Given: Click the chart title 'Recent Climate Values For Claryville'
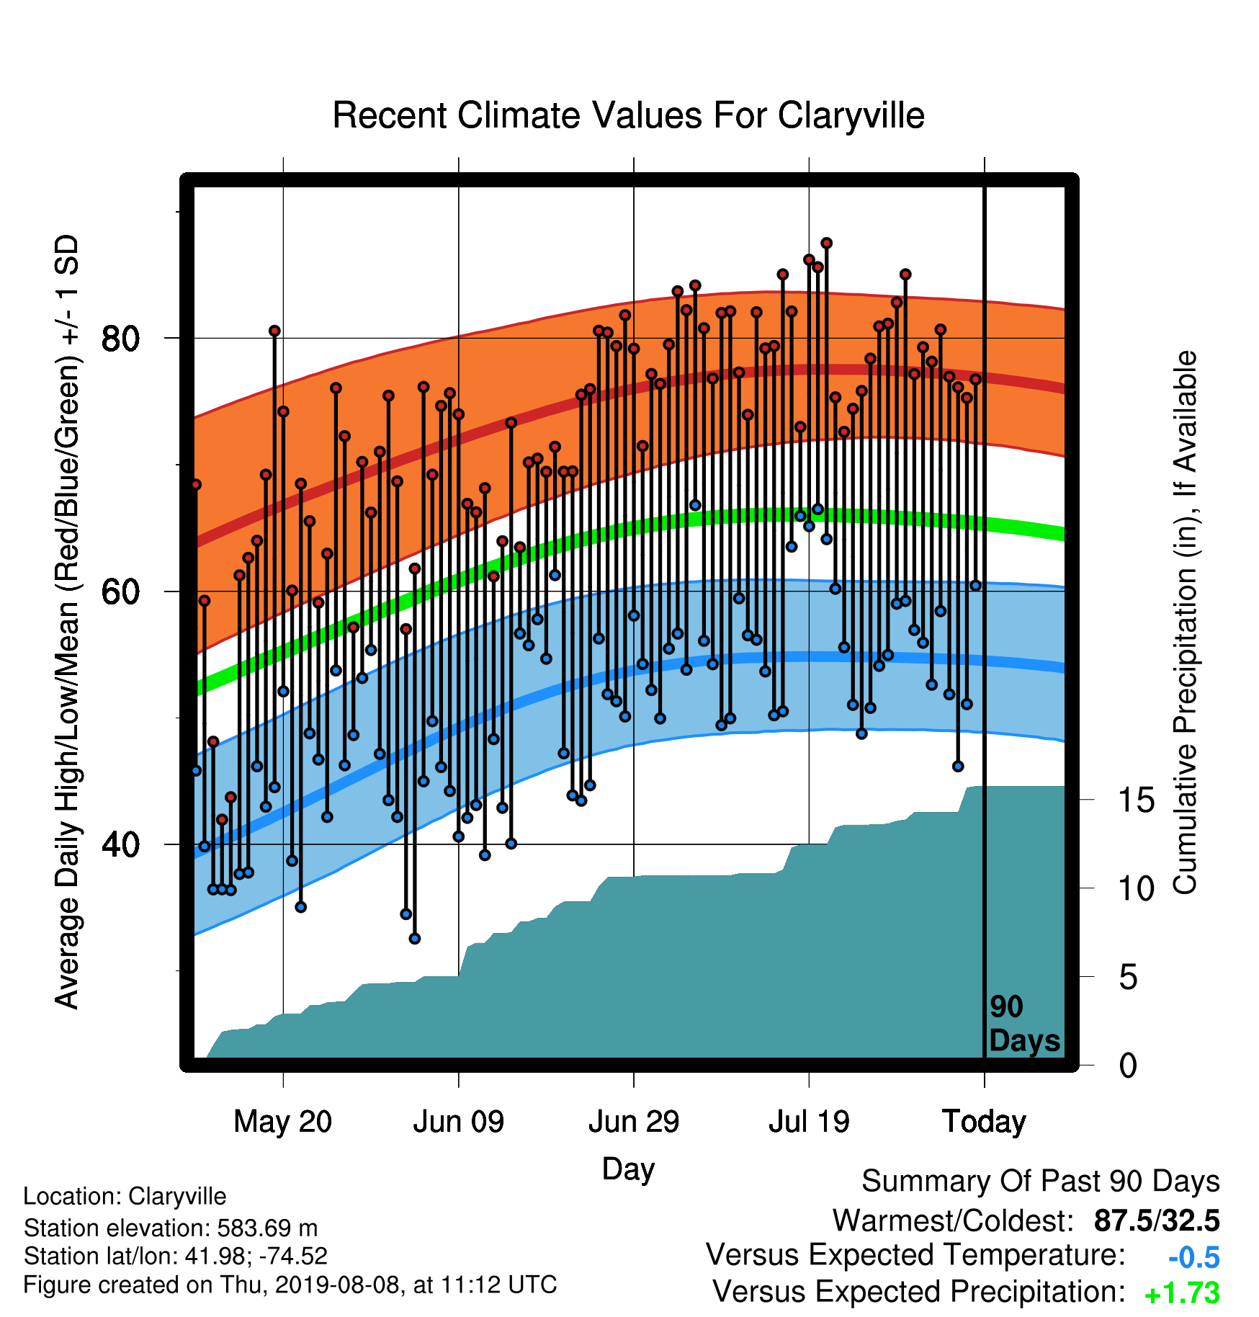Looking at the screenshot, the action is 628,115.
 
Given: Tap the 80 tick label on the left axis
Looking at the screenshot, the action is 120,339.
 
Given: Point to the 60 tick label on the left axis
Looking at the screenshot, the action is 120,591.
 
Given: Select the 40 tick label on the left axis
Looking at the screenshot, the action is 120,844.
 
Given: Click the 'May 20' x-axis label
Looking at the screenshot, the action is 283,1122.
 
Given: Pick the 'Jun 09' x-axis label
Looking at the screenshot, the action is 459,1122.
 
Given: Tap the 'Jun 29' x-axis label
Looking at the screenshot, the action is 634,1122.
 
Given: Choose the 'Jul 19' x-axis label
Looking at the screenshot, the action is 809,1122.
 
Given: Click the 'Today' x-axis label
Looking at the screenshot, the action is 984,1122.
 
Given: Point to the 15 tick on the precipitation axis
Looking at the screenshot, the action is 1136,800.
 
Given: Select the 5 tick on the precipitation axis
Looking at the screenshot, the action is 1128,978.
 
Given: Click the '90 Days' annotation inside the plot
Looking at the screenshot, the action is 1024,1024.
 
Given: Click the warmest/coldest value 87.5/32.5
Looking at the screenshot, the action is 1157,1220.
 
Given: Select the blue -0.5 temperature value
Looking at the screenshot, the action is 1194,1257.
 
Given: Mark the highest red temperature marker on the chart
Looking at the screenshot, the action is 826,244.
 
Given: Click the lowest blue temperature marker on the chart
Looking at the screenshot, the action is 414,938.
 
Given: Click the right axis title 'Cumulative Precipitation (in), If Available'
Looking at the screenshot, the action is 1185,622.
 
